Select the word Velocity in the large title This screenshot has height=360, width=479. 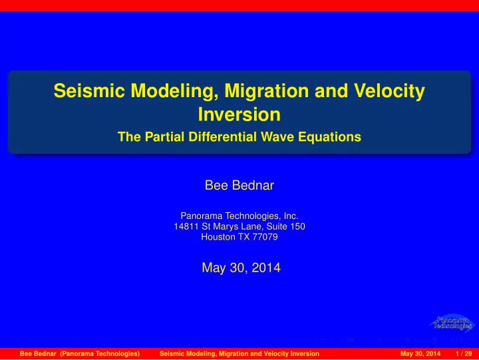pyautogui.click(x=389, y=92)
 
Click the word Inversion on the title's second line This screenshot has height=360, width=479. pyautogui.click(x=239, y=114)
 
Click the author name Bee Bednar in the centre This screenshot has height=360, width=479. pyautogui.click(x=239, y=185)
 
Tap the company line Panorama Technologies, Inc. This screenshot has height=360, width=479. pyautogui.click(x=239, y=216)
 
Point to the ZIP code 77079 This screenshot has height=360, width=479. pyautogui.click(x=265, y=237)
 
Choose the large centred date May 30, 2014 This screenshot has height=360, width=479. pyautogui.click(x=241, y=268)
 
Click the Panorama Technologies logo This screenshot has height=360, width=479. pyautogui.click(x=452, y=323)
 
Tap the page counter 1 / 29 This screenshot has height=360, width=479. pyautogui.click(x=464, y=353)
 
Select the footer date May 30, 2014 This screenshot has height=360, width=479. pyautogui.click(x=420, y=353)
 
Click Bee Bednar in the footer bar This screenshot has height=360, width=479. pyautogui.click(x=38, y=353)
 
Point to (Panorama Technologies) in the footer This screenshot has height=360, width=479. pyautogui.click(x=100, y=353)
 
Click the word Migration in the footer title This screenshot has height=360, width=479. pyautogui.click(x=234, y=354)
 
